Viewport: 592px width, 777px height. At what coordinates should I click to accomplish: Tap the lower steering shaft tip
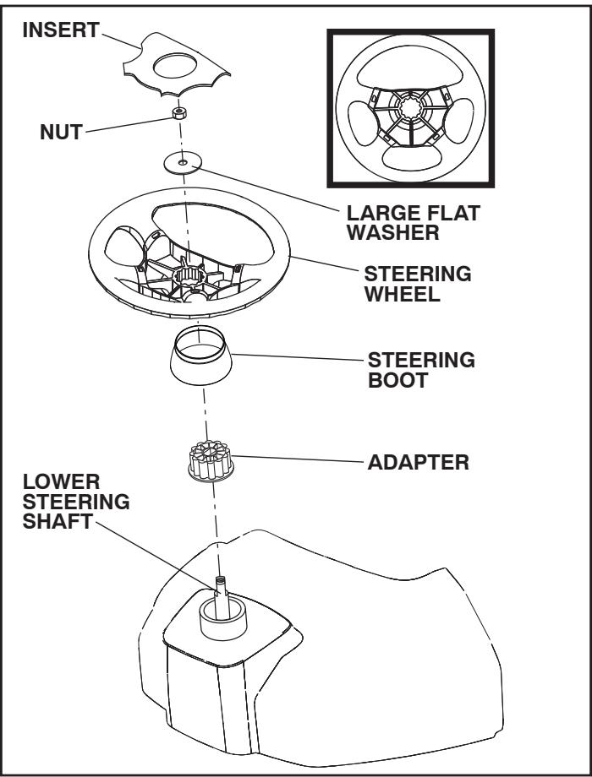click(x=221, y=582)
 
